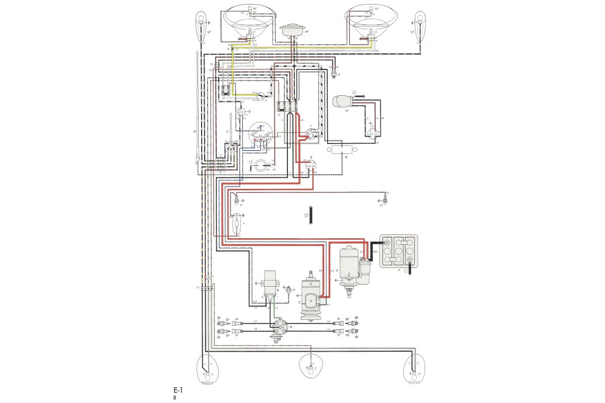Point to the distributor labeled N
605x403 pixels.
coord(277,330)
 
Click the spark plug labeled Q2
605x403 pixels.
coord(355,331)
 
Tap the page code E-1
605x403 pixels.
coord(177,390)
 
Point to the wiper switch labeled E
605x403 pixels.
coord(374,132)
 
